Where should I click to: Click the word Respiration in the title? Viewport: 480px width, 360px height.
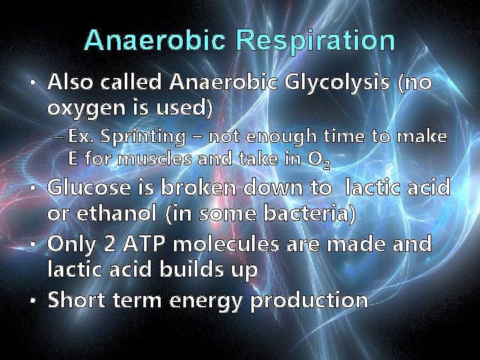tap(315, 41)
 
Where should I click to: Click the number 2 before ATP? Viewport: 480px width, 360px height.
tap(112, 245)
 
